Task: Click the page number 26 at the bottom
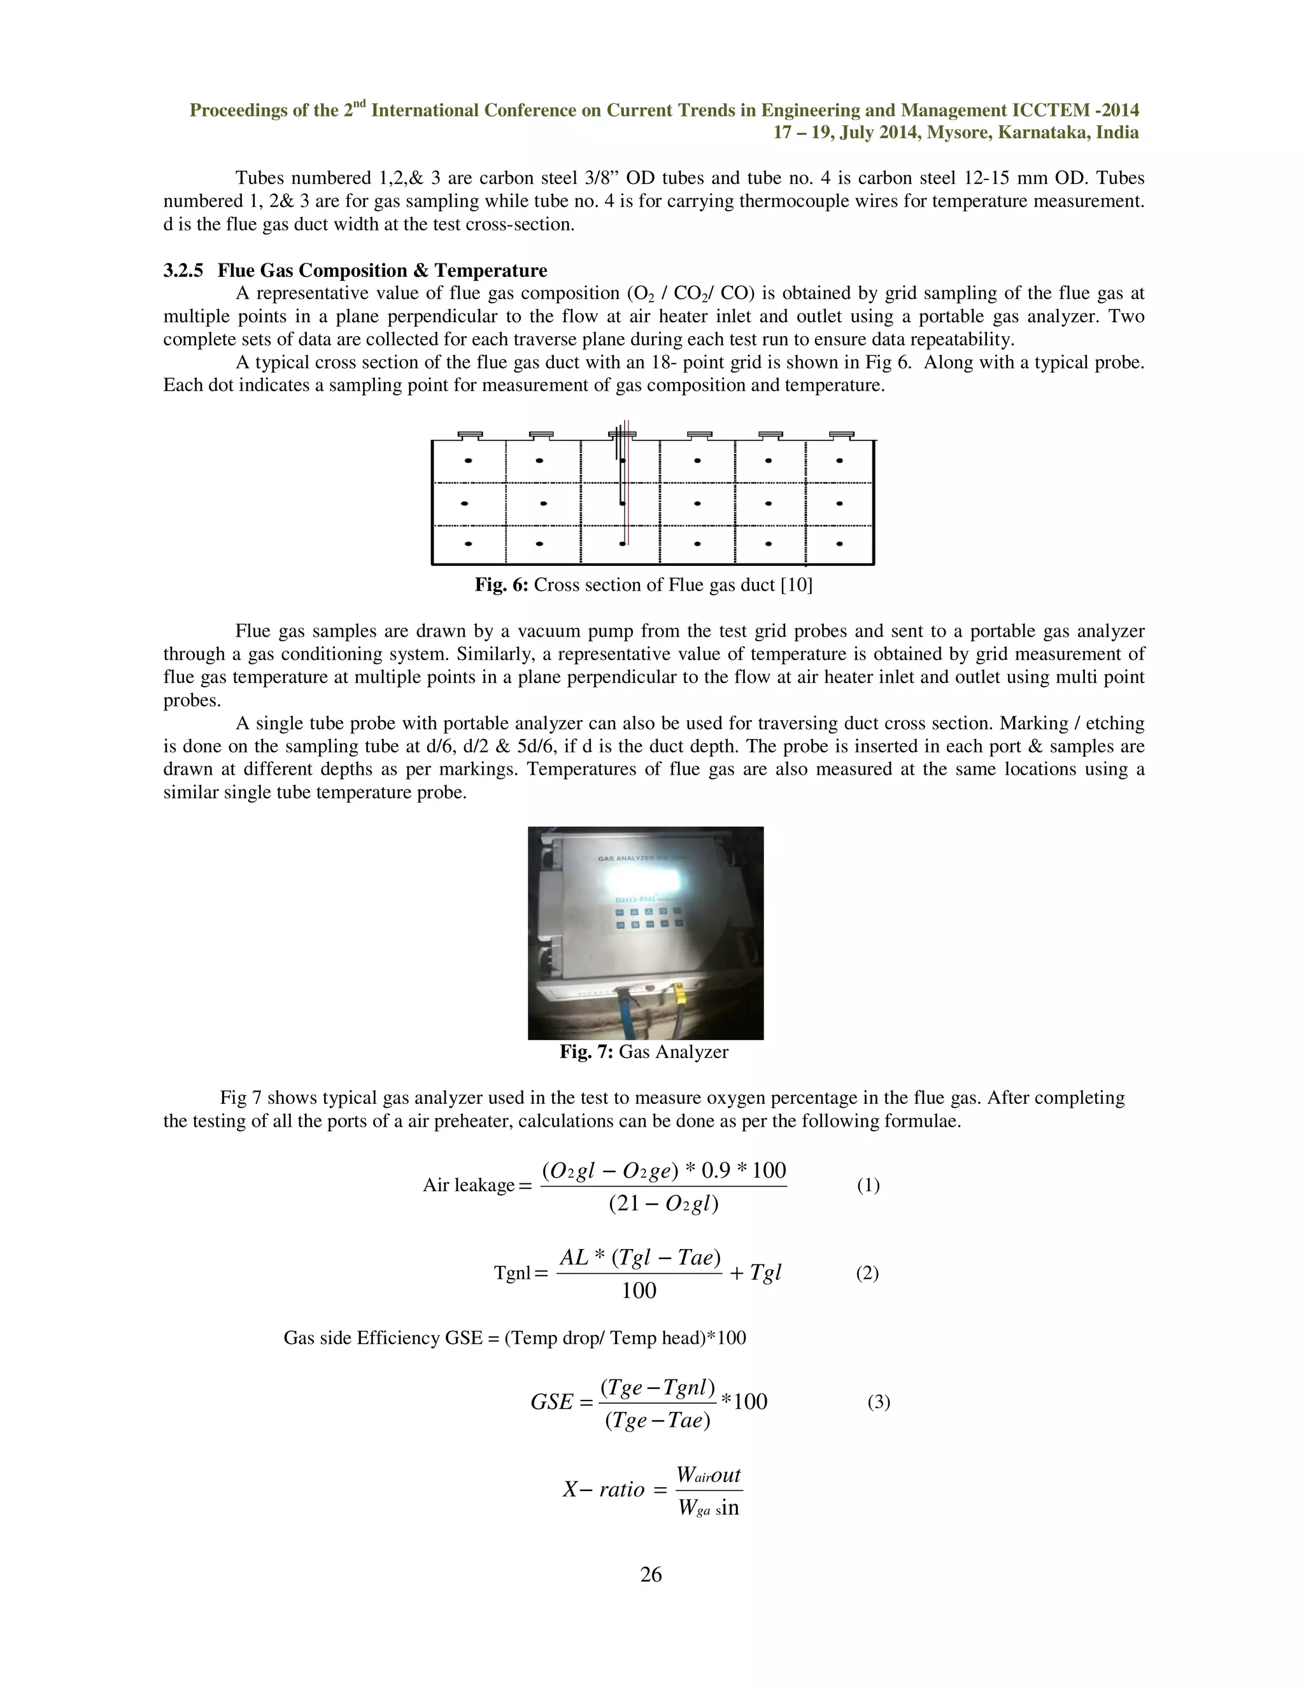(651, 1574)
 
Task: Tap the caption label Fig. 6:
(500, 585)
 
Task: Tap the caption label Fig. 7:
(586, 1052)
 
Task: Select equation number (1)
(868, 1185)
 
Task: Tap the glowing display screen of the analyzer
(644, 880)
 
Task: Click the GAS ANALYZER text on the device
(627, 858)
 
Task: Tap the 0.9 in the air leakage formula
(715, 1170)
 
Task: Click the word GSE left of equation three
(551, 1402)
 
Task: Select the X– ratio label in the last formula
(604, 1489)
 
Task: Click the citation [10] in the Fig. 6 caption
(797, 585)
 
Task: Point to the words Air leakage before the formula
(468, 1185)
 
